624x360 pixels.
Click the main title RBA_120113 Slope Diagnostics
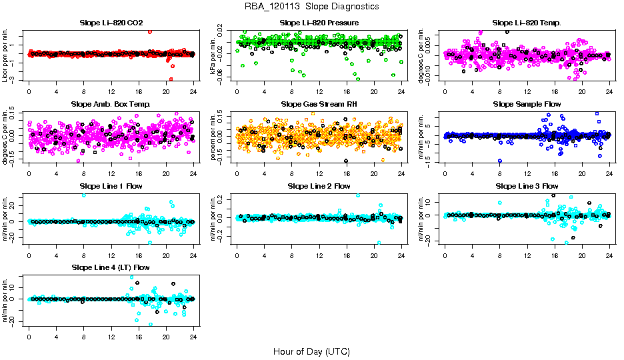312,6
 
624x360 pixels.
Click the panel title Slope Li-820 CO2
111,23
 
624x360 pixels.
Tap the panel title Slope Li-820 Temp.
527,23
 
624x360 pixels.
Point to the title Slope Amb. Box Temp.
111,104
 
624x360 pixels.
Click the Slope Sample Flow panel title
527,104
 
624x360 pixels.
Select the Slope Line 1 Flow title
111,185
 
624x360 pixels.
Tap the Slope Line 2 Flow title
319,185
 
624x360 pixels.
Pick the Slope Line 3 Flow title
527,185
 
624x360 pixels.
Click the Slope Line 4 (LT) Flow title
111,267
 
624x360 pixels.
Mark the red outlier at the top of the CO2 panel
150,31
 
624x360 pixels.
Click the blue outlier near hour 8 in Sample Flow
500,161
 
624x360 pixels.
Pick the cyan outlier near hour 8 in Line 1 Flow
83,195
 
